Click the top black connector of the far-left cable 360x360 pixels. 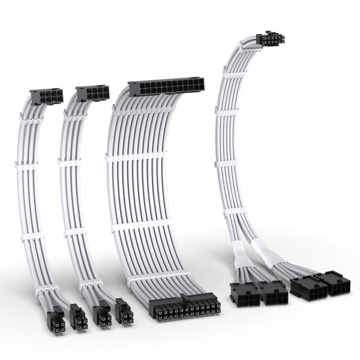pyautogui.click(x=46, y=95)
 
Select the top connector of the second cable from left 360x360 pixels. pyautogui.click(x=92, y=94)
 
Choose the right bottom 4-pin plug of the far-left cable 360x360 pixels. pyautogui.click(x=77, y=316)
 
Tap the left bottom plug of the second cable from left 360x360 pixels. pyautogui.click(x=102, y=314)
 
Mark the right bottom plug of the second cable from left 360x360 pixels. pyautogui.click(x=124, y=313)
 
